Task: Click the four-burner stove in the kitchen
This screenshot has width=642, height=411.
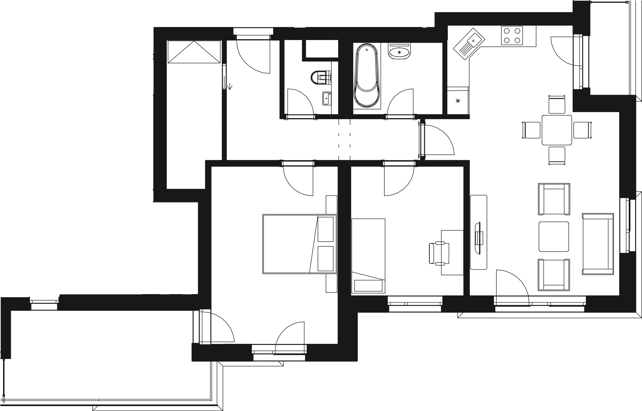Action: pyautogui.click(x=511, y=36)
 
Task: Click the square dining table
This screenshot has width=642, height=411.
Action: pyautogui.click(x=557, y=130)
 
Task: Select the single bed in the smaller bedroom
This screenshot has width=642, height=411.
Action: pyautogui.click(x=369, y=256)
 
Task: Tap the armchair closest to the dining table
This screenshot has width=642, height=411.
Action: pyautogui.click(x=554, y=199)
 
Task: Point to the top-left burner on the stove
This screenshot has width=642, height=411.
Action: pyautogui.click(x=506, y=31)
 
